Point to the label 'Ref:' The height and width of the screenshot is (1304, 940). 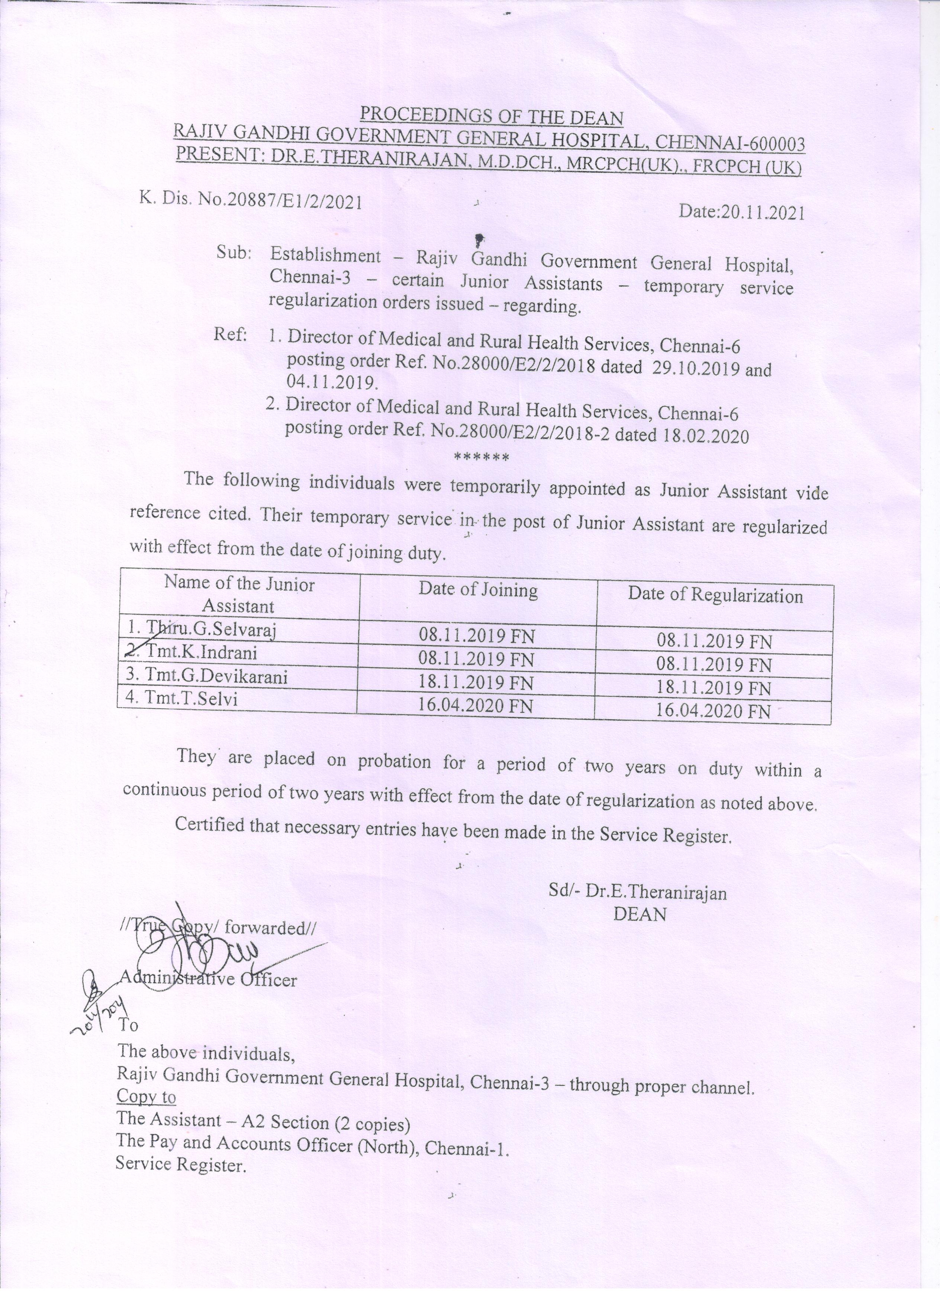pos(230,335)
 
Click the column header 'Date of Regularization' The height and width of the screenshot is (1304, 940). pos(715,595)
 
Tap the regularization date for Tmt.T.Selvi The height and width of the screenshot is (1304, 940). pos(713,711)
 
